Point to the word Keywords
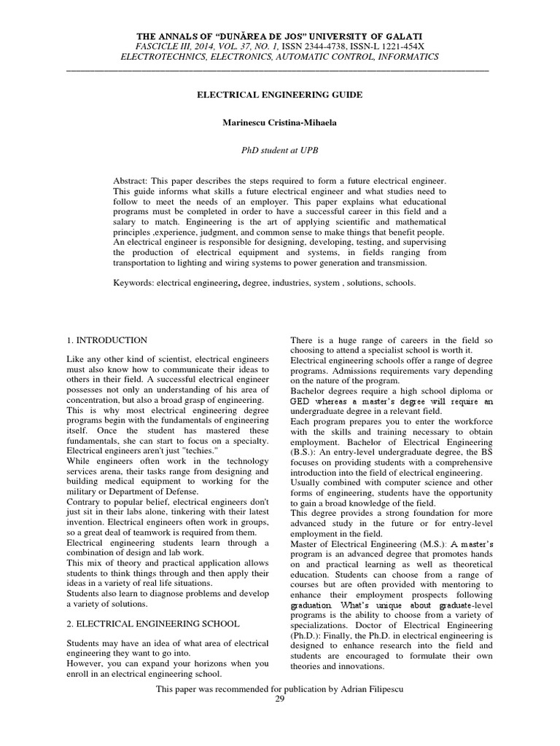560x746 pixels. [132, 283]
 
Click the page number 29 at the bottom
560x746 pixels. [279, 699]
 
